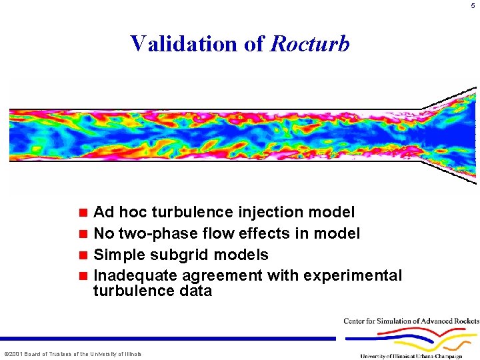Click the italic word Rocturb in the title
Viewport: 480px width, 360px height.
[309, 43]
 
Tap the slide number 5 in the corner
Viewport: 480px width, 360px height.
[472, 6]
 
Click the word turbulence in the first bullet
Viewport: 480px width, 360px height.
[189, 212]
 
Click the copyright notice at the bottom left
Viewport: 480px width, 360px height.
[73, 353]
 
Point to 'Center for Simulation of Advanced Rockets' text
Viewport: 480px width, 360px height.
[411, 321]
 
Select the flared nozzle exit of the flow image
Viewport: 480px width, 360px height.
[453, 133]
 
